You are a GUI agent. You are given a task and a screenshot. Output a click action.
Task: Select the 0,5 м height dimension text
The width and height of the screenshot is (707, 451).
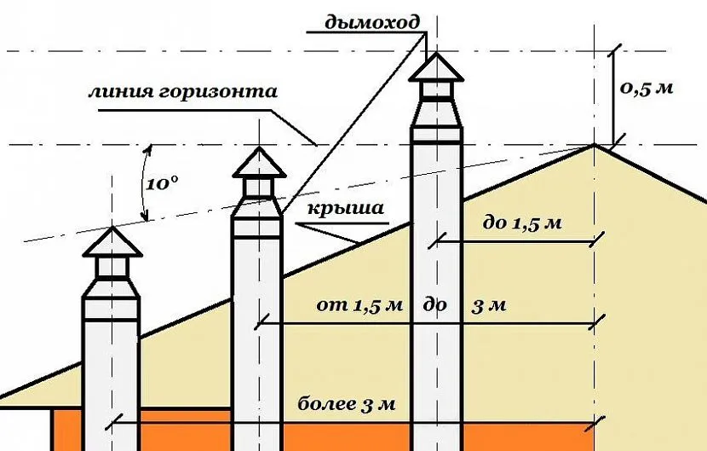pyautogui.click(x=648, y=88)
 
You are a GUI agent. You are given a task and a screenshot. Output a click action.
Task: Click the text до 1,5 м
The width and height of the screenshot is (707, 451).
pyautogui.click(x=522, y=223)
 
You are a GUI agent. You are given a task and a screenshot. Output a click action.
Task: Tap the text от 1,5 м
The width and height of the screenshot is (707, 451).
pyautogui.click(x=353, y=306)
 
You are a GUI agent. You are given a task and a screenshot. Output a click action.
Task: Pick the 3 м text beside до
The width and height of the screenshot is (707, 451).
pyautogui.click(x=490, y=306)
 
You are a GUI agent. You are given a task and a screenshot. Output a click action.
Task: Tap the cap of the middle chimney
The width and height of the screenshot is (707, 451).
pyautogui.click(x=257, y=162)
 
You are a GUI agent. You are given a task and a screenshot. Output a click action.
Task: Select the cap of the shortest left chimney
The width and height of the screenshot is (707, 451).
pyautogui.click(x=113, y=242)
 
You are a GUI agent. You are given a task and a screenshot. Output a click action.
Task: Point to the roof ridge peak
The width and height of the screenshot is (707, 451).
pyautogui.click(x=595, y=145)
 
